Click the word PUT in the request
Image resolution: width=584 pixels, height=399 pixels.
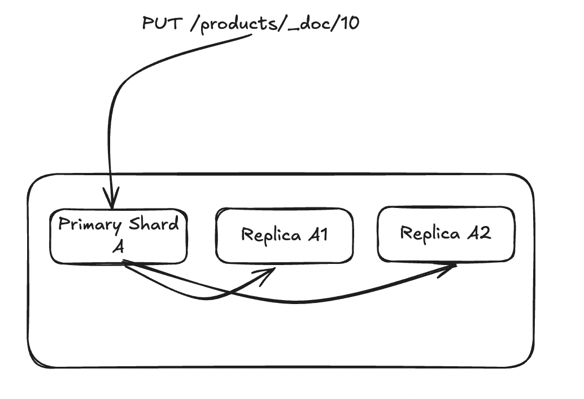coord(162,23)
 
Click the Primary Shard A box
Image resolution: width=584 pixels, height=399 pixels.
coord(119,237)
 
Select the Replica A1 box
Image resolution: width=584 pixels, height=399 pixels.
coord(284,235)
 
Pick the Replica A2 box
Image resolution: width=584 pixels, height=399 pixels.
coord(446,233)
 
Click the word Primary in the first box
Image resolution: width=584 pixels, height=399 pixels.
coord(90,225)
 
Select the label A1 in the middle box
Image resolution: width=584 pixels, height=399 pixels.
coord(318,235)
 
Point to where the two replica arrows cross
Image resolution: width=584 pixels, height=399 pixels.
coord(229,293)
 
